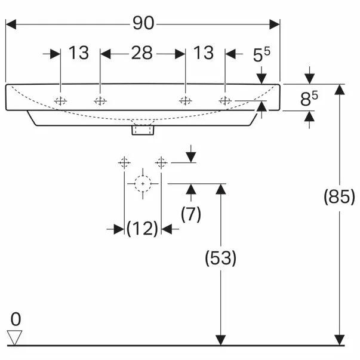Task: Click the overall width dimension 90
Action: coord(143,23)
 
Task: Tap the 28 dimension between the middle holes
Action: coord(142,53)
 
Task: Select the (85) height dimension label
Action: coord(339,196)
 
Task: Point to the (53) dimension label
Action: coord(220,258)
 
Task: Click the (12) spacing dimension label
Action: coord(142,229)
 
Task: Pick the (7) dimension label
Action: coord(191,214)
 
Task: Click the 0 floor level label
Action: coord(16,319)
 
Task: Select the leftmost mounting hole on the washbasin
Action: coord(60,101)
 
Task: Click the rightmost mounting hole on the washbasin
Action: coord(225,100)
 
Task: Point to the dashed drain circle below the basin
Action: coord(143,184)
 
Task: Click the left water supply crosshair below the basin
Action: coord(124,163)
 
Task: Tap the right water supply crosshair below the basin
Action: coord(161,163)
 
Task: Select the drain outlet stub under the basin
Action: coord(143,130)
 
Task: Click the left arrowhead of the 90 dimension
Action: coord(11,24)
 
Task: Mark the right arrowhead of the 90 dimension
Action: coord(275,24)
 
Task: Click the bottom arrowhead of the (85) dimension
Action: coord(340,340)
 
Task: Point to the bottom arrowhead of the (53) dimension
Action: coord(221,340)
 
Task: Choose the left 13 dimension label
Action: coord(79,53)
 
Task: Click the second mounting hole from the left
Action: coord(100,101)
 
